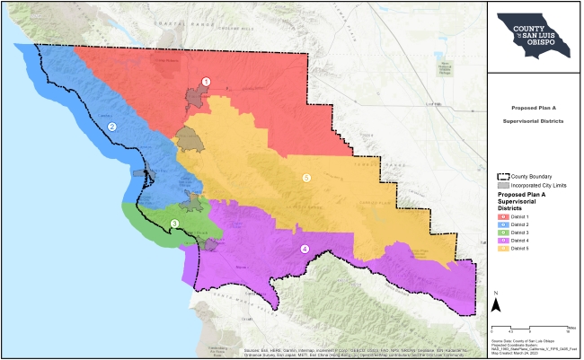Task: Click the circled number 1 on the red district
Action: [206, 82]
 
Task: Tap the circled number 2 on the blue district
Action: [112, 127]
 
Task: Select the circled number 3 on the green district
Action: [174, 224]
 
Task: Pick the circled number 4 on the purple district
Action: [305, 249]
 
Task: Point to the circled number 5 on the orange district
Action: [306, 179]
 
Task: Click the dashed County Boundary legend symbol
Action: [503, 176]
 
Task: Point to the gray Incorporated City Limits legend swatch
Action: [503, 185]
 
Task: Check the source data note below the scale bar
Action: [530, 347]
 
